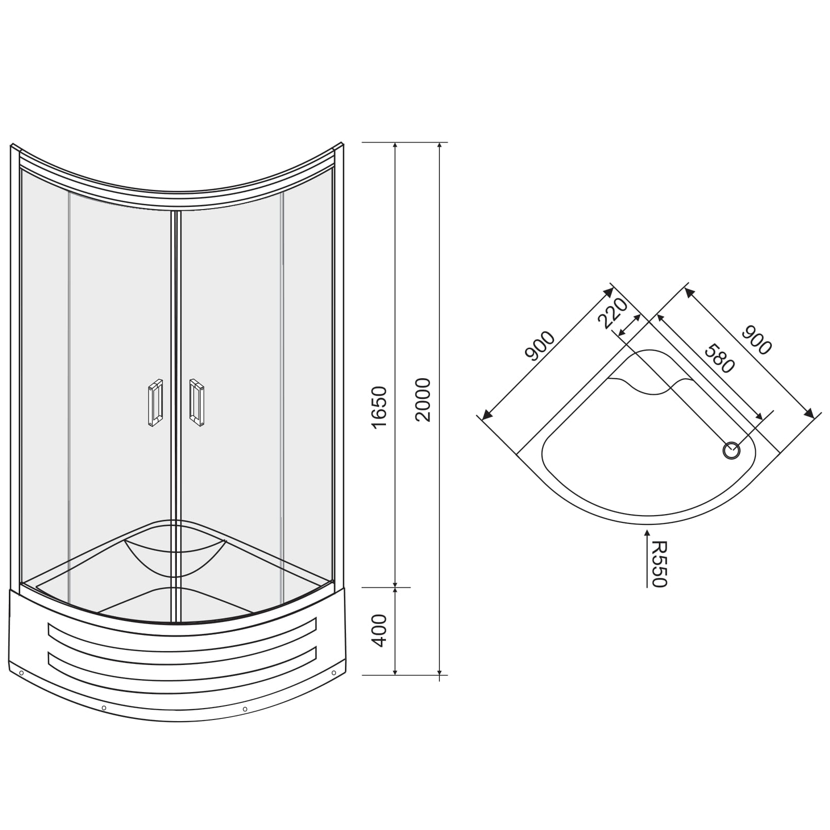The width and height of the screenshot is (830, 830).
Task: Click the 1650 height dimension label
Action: (380, 407)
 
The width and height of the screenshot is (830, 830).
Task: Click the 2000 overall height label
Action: (424, 399)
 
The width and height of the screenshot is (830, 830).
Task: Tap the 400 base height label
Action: (380, 630)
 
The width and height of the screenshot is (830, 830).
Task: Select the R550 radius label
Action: (659, 564)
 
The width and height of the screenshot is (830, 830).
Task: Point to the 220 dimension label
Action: (613, 313)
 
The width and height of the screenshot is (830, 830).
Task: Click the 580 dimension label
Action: (720, 358)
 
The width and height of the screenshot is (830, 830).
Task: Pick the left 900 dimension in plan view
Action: (540, 346)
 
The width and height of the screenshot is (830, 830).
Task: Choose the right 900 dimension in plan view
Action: (756, 340)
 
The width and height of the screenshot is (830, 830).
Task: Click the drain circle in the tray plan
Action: (731, 450)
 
